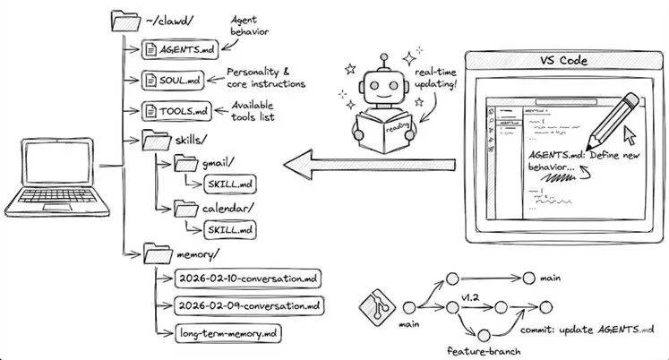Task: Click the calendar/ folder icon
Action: pos(185,208)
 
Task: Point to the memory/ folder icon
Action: pos(157,253)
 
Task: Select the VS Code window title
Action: pos(562,62)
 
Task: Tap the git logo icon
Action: pos(377,306)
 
